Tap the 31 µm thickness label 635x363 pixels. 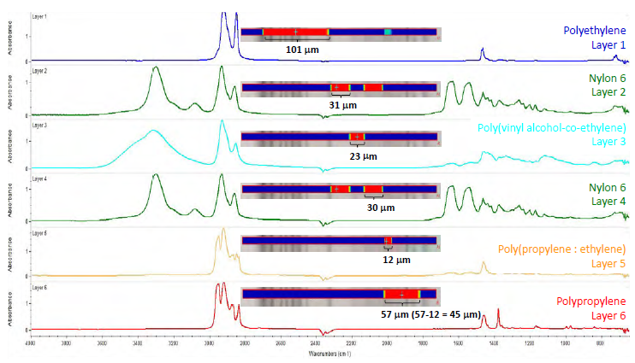point(342,104)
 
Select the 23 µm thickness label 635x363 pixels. point(358,156)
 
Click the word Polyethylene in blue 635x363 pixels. point(595,30)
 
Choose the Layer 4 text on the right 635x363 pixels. point(608,201)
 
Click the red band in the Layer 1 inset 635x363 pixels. point(295,32)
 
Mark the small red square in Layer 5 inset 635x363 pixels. point(388,240)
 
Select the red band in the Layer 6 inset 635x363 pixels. point(401,294)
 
